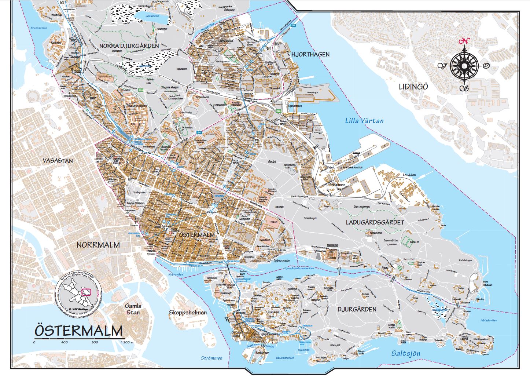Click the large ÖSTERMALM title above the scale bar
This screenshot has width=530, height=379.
click(78, 331)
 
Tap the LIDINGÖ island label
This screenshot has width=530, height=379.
click(413, 87)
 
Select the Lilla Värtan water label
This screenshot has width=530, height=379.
click(364, 121)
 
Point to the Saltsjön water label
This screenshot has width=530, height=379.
click(405, 353)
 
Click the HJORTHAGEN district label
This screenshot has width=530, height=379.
click(310, 54)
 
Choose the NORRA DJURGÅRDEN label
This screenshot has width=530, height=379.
click(129, 46)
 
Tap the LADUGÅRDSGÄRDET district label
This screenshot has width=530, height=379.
click(375, 222)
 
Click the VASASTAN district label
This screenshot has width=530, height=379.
click(58, 161)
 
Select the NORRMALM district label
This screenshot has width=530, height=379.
click(98, 245)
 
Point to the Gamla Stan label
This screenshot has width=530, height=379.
click(133, 309)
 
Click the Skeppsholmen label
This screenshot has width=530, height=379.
click(188, 313)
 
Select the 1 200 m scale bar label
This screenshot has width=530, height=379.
click(126, 342)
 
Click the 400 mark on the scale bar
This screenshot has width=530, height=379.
click(65, 342)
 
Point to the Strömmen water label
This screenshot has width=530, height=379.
click(211, 358)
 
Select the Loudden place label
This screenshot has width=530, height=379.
click(409, 175)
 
